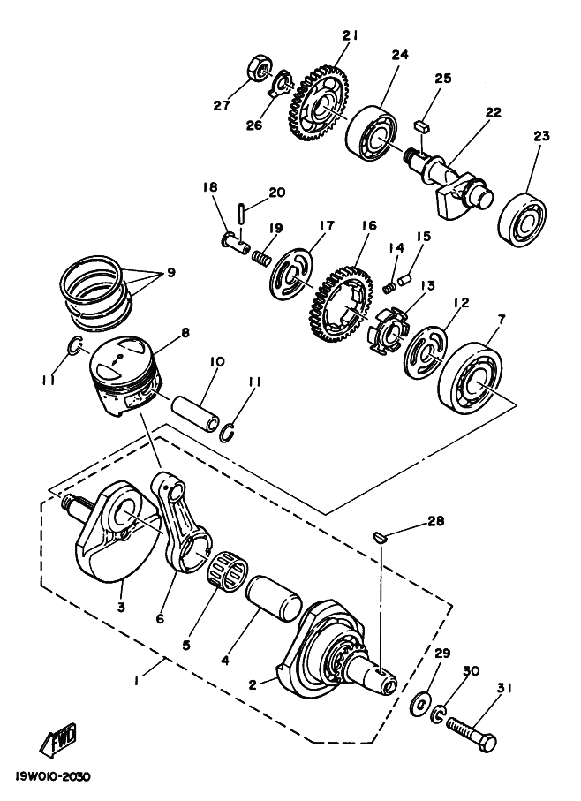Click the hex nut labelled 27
coord(260,69)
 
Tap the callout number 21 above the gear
coord(350,35)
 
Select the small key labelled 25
coord(421,125)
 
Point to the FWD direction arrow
coord(57,738)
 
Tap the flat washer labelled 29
coord(420,705)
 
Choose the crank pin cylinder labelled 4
coord(273,601)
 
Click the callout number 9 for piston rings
coord(170,272)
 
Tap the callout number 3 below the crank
coord(121,608)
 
